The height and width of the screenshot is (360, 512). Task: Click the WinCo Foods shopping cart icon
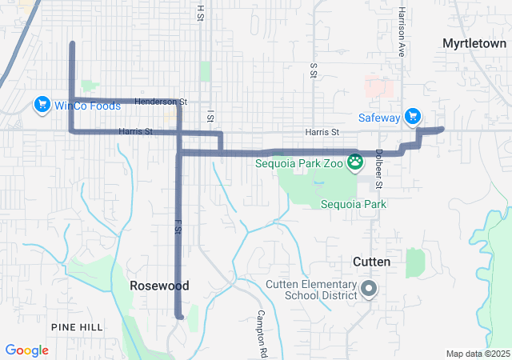[42, 105]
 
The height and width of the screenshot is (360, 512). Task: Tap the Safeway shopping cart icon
[413, 118]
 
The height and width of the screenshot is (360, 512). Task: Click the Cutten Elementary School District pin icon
[368, 289]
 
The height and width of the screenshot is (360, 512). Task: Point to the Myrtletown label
[474, 43]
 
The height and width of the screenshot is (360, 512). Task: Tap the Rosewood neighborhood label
[160, 286]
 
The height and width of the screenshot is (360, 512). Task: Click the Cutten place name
[371, 262]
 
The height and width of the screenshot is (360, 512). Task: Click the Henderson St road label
[160, 102]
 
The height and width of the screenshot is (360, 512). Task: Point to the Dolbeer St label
[378, 170]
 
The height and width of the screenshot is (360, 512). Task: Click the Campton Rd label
[261, 333]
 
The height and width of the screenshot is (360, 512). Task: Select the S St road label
[313, 70]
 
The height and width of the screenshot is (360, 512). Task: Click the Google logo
[26, 350]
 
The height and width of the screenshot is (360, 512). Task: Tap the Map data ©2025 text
[478, 354]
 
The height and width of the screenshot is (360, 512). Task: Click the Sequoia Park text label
[354, 204]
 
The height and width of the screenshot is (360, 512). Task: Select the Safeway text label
[378, 118]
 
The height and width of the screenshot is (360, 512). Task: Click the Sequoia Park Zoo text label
[299, 163]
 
